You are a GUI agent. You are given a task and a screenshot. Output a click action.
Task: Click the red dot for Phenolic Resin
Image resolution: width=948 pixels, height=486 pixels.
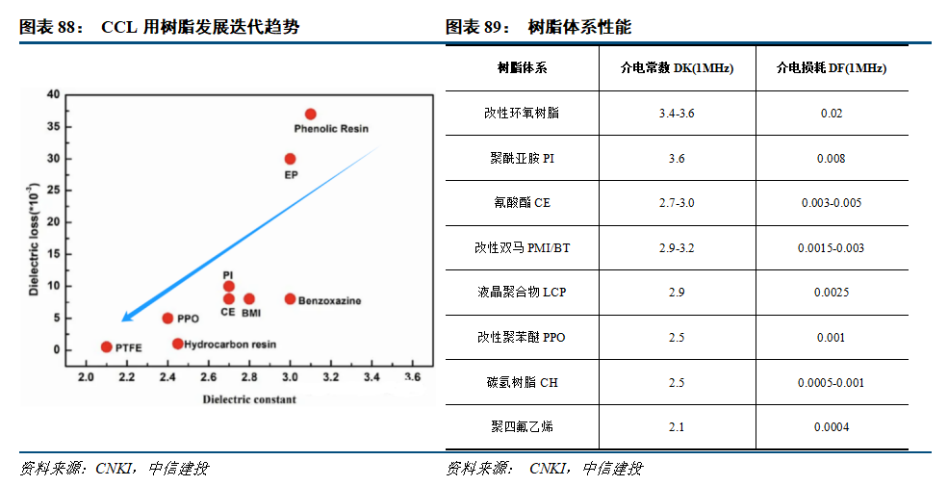(x=310, y=114)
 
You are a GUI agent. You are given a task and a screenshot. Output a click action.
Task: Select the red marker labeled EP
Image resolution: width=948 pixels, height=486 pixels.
(x=290, y=159)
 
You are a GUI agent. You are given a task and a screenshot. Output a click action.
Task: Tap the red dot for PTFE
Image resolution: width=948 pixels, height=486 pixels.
(x=106, y=346)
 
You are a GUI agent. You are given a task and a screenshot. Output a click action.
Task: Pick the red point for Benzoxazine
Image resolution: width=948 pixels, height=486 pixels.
(x=290, y=298)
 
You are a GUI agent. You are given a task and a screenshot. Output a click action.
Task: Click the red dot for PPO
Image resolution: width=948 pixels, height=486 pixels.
(x=167, y=318)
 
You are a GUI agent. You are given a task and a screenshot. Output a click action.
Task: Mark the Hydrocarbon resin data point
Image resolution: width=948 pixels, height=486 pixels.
(x=178, y=344)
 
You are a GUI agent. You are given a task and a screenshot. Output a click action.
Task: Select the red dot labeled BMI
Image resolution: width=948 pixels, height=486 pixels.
(x=249, y=298)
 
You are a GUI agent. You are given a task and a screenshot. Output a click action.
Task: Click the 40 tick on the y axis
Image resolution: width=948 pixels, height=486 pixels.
(x=53, y=94)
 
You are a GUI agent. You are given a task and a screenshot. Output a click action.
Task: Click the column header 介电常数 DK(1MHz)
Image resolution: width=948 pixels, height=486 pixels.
(x=677, y=68)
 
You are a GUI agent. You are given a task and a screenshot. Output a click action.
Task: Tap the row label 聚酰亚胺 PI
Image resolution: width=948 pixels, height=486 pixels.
(x=522, y=158)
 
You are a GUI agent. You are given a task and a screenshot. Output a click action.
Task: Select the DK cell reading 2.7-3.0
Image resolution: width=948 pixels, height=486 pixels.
(x=677, y=203)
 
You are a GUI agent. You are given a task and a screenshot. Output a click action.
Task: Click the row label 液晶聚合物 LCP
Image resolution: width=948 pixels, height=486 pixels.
(x=522, y=292)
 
